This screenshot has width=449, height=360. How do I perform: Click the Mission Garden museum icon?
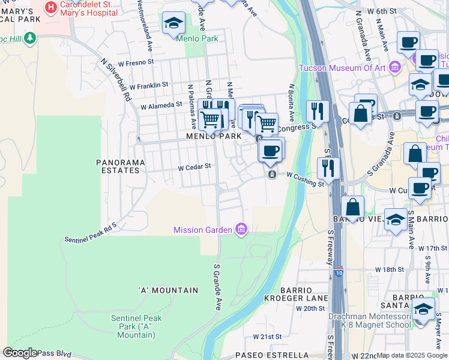(241, 229)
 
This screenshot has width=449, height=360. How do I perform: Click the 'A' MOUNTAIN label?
(168, 290)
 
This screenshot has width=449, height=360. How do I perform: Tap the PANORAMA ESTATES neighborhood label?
(118, 166)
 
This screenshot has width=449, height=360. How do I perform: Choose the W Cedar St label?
(195, 167)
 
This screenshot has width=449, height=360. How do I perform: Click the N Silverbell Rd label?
(116, 79)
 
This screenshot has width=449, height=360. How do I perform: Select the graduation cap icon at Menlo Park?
(173, 23)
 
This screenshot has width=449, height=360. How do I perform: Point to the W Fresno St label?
(136, 62)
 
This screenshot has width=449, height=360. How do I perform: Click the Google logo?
(19, 353)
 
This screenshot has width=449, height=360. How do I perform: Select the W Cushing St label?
(305, 179)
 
